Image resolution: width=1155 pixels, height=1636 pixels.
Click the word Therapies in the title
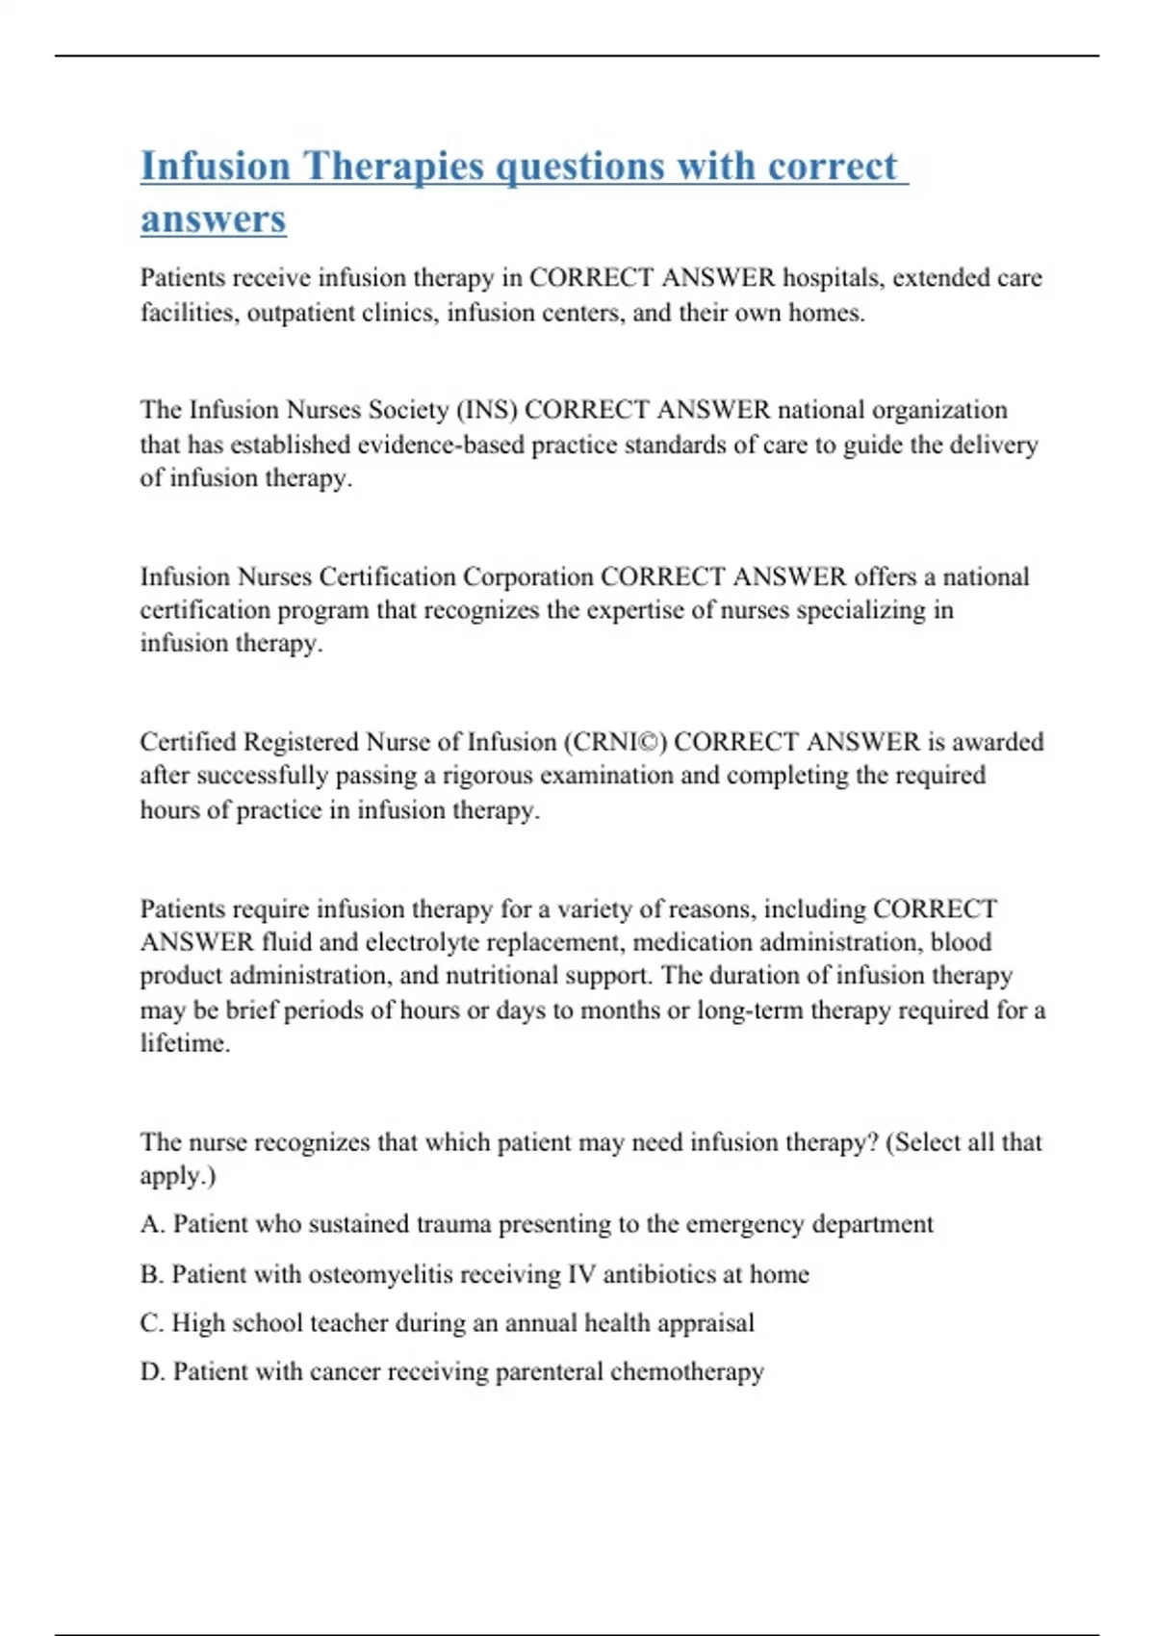394,166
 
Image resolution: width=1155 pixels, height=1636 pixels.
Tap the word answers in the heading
213,218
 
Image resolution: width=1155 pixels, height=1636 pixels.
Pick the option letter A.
151,1224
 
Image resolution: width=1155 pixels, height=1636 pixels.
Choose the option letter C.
151,1323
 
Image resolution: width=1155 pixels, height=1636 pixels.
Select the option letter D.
151,1372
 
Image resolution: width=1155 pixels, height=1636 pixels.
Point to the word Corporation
527,576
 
